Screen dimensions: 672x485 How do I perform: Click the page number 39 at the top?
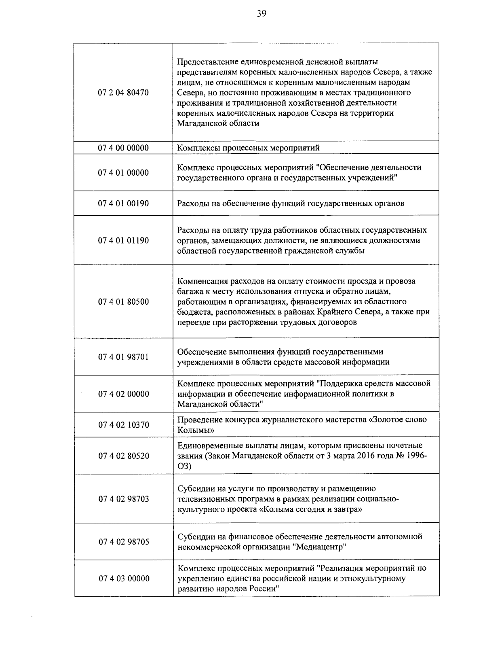[x=261, y=14]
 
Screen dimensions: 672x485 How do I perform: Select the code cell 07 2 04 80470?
[x=123, y=93]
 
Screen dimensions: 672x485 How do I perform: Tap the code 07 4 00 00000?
[x=123, y=148]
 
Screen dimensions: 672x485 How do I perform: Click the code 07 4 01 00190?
[x=123, y=204]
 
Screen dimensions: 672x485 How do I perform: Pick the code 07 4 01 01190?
[x=123, y=241]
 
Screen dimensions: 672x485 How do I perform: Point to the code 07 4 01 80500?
[x=123, y=302]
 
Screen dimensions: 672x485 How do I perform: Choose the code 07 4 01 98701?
[x=123, y=357]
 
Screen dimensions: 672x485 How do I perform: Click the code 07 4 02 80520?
[x=124, y=456]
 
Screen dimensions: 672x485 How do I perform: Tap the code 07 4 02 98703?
[x=124, y=499]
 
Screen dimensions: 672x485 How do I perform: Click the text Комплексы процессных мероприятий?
[x=249, y=148]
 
